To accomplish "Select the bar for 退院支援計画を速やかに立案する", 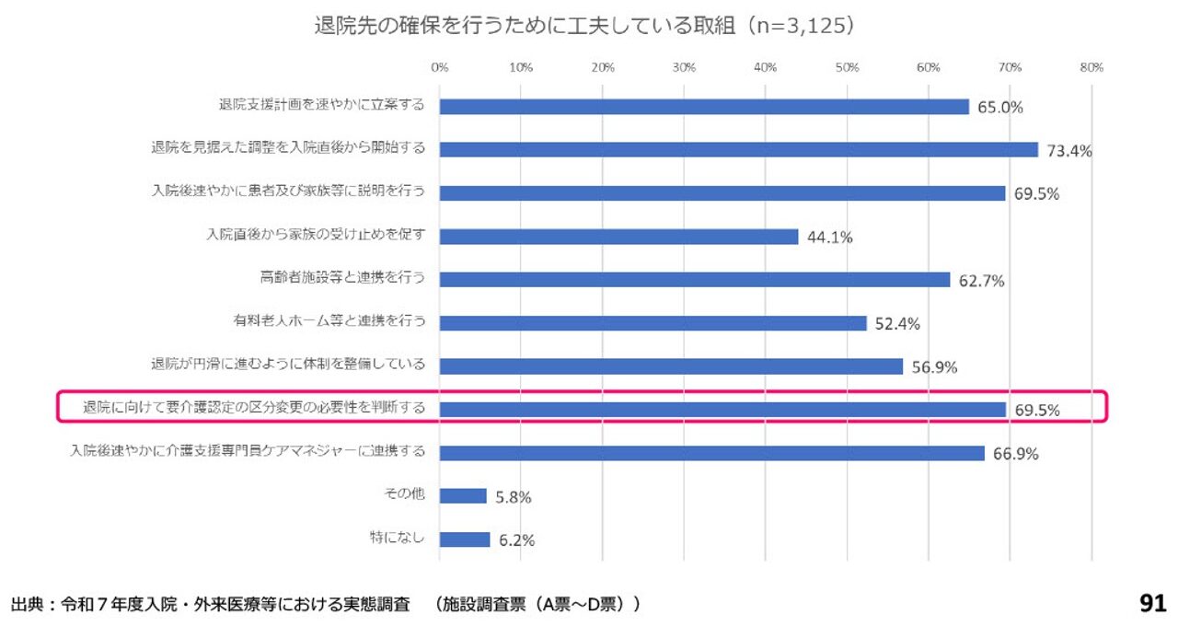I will (704, 106).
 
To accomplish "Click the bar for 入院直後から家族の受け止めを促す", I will (618, 236).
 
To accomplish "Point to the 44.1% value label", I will (829, 238).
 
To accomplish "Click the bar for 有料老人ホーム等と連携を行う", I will (653, 322).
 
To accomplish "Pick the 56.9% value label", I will (934, 367).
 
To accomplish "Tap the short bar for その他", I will (463, 495).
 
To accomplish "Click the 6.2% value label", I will (516, 540).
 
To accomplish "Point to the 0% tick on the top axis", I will (439, 67).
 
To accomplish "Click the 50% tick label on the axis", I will (847, 67).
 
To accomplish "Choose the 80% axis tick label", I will (1091, 67).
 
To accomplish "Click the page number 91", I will (1152, 604).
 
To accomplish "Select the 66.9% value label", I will (1015, 454).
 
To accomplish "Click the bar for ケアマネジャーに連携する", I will (711, 452).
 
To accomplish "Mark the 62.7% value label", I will (981, 281).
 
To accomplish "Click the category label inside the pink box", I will (254, 407).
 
